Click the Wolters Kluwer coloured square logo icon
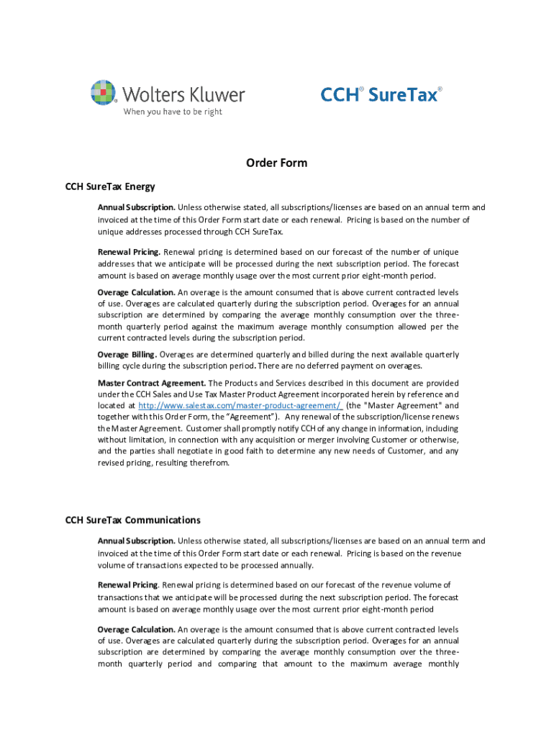[x=103, y=93]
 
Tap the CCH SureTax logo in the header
[x=381, y=94]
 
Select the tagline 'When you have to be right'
[x=172, y=112]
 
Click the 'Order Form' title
[x=276, y=163]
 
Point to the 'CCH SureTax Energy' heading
[x=110, y=187]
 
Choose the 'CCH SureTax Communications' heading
[x=133, y=520]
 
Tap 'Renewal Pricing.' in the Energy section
[x=130, y=252]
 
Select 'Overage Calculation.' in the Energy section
[x=136, y=292]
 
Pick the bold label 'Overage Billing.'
[x=127, y=354]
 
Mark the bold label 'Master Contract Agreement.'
[x=152, y=383]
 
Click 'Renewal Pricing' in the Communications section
[x=128, y=584]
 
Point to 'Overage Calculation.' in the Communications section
[x=136, y=629]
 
